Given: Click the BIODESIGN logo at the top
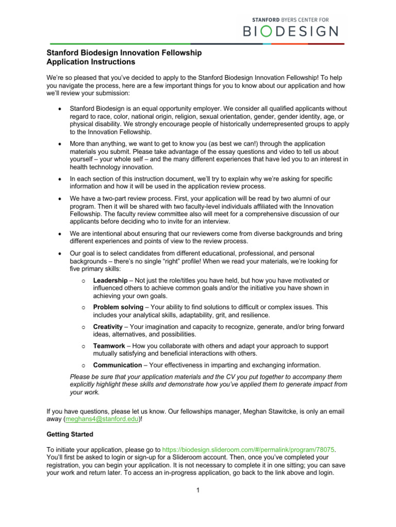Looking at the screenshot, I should coord(291,31).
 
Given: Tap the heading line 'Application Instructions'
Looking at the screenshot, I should coord(91,62).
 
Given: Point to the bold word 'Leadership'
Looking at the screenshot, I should coord(110,280).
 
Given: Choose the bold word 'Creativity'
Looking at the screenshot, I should coord(107,327).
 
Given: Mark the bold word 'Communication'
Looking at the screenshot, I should coord(117,365).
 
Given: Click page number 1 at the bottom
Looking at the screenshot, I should coord(197,489).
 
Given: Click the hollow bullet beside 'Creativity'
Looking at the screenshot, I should coord(84,327).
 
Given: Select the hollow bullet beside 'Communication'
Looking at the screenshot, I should coord(84,365).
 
